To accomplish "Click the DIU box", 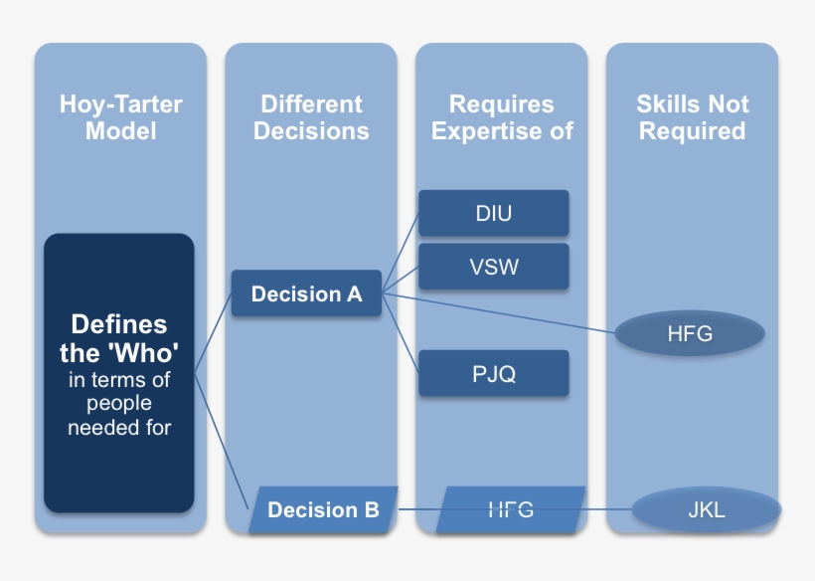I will pos(493,214).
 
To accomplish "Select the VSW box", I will pos(493,267).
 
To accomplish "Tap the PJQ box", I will pos(493,374).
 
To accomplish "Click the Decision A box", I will pos(306,294).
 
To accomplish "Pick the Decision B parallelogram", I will pos(323,510).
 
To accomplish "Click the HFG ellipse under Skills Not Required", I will pos(690,334).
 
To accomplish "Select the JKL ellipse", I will pos(706,510).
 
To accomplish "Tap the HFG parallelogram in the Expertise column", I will pos(511,510).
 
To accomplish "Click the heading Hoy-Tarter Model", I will pos(120,117).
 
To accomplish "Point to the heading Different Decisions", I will pos(311,117).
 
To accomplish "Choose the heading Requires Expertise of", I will pos(502,117).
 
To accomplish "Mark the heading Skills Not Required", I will pos(692,117).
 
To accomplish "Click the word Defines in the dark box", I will pos(119,324).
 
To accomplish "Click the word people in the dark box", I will pos(119,404).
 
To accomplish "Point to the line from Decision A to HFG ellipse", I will pos(497,313).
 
